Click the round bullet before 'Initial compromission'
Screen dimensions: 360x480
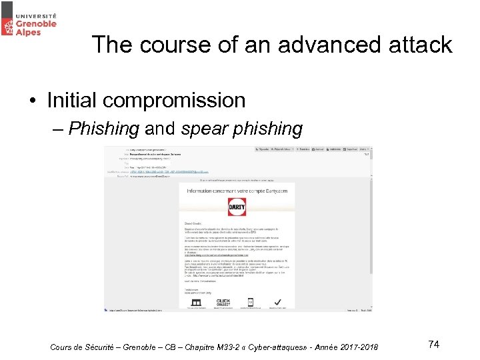pos(33,101)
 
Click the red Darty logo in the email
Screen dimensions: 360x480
pos(237,207)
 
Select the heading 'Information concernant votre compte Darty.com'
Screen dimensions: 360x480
pos(237,191)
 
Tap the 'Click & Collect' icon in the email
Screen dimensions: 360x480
pos(223,302)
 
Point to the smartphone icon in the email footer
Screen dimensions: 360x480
pos(251,301)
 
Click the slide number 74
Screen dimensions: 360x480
pos(433,344)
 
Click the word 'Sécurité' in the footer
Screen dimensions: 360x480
pos(107,347)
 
